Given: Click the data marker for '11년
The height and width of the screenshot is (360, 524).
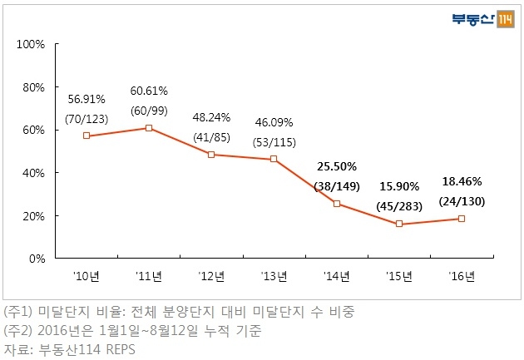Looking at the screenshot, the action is tap(149, 128).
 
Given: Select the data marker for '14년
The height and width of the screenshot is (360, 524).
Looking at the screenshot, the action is tap(337, 204).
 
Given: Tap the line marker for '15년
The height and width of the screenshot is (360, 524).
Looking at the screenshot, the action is tap(399, 224).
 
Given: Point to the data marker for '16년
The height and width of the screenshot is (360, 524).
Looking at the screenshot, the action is tap(462, 219).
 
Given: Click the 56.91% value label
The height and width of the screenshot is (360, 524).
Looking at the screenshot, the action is tap(87, 99).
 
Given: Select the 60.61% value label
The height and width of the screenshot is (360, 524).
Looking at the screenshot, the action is tap(149, 91).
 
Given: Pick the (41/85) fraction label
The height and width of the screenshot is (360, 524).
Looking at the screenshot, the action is tap(211, 137).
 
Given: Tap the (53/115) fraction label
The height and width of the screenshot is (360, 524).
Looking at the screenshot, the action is tap(274, 143).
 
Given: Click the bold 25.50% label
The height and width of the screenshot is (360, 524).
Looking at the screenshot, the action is tap(337, 166).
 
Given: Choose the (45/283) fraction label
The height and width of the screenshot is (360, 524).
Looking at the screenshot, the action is tap(399, 206).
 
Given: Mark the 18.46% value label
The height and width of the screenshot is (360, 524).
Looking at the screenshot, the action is tap(462, 181).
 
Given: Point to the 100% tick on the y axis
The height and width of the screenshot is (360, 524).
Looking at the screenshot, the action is tap(31, 44).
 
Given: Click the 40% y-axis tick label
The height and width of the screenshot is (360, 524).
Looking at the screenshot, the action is tap(33, 173).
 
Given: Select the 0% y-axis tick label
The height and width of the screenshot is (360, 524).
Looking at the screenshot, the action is tap(37, 259).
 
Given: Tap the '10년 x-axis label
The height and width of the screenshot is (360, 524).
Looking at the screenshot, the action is tap(87, 276).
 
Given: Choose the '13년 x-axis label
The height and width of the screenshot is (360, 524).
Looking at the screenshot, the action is tap(274, 276).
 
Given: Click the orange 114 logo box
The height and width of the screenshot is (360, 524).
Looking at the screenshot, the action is tap(506, 19).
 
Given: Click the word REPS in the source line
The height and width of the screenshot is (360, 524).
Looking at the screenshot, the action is tap(121, 350).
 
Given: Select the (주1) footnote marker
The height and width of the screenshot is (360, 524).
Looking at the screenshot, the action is tap(18, 312).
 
